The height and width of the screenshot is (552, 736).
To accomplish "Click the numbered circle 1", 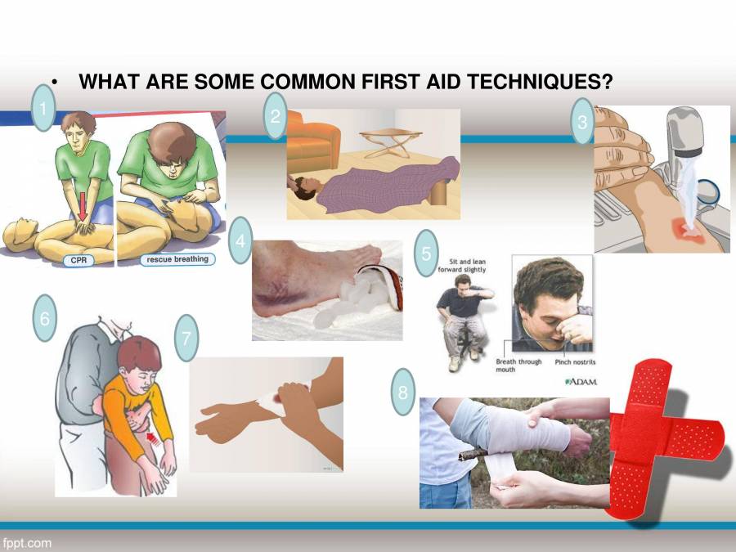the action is [43, 108].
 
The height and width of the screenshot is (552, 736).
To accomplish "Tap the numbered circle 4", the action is [240, 240].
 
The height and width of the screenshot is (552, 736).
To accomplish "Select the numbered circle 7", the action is [186, 338].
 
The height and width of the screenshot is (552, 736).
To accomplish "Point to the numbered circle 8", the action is [402, 392].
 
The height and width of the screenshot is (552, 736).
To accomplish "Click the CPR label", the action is [79, 260].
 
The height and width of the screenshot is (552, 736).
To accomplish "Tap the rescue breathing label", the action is [177, 259].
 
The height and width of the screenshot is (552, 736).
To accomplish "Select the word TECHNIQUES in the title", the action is [540, 82].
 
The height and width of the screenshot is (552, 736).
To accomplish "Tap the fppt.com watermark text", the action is [27, 544].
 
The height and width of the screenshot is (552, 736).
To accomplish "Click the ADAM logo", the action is [581, 382].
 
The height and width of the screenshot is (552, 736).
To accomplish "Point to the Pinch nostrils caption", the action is [575, 362].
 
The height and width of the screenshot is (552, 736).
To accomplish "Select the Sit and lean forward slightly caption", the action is [462, 266].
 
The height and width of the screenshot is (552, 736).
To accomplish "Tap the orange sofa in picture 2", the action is [312, 143].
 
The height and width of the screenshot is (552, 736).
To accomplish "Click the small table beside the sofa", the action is [391, 143].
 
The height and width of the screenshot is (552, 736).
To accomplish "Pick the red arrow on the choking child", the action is [154, 439].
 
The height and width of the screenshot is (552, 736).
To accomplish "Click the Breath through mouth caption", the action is [518, 366].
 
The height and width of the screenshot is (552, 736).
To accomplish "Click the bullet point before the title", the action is [55, 83].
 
